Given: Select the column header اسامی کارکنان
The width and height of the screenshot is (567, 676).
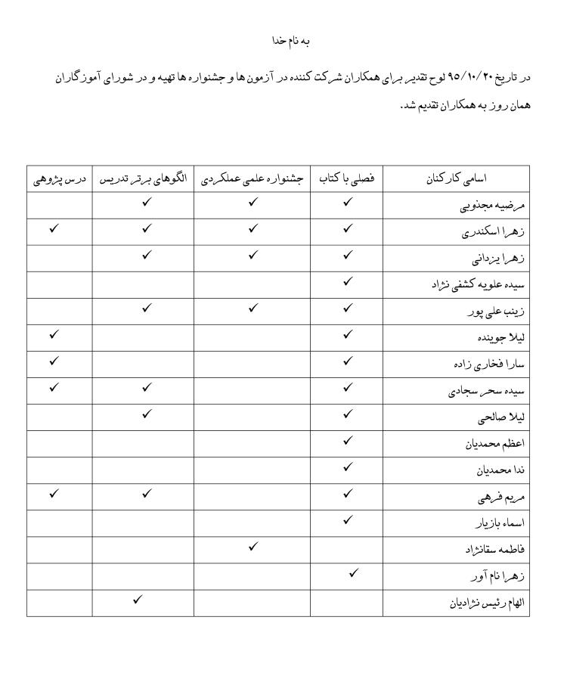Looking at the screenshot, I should [457, 179].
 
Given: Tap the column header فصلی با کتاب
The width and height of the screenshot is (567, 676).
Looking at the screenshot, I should [348, 179].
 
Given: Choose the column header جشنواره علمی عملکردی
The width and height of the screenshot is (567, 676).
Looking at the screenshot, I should [253, 179].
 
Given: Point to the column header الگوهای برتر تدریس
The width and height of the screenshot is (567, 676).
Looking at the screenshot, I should [144, 179].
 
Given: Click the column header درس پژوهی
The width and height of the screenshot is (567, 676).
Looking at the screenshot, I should [60, 179].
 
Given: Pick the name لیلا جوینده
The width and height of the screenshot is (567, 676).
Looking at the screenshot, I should [496, 339].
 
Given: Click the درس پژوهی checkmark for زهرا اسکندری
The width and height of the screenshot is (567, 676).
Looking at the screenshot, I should [54, 228].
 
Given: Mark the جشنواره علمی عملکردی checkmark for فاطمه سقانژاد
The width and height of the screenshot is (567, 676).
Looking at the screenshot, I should [253, 546].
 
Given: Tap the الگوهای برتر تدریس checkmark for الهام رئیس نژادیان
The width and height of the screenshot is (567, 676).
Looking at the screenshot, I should [137, 599].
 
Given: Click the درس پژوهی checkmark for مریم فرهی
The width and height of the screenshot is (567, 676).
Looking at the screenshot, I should [54, 493].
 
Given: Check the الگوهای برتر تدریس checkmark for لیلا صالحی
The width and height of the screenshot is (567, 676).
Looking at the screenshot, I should [147, 414].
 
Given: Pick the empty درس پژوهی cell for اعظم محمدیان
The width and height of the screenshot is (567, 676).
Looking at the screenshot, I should [60, 444].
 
